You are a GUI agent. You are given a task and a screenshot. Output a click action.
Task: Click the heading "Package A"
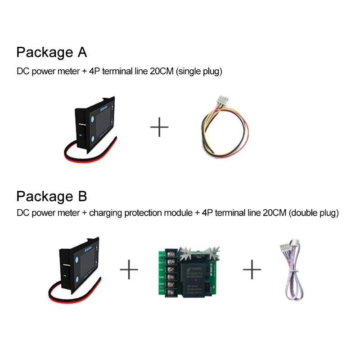tap(51, 52)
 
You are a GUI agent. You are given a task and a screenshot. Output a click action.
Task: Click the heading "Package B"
tap(51, 196)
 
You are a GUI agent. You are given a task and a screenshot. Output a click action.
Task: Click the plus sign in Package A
tap(159, 127)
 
